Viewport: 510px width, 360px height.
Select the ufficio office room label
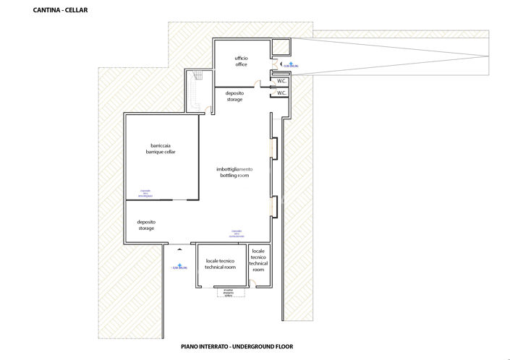tap(241, 61)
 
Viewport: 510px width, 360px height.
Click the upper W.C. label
tap(281, 81)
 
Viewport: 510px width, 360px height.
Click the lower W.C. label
tap(281, 93)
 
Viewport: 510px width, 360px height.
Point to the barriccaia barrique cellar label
tap(158, 150)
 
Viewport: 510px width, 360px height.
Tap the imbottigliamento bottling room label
tap(234, 172)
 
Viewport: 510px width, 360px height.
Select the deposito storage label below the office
tap(234, 96)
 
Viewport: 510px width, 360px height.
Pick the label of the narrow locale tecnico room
tap(259, 263)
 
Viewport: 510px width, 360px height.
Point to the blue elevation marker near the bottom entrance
tap(178, 267)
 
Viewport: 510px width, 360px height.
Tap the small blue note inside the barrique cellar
tap(145, 193)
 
